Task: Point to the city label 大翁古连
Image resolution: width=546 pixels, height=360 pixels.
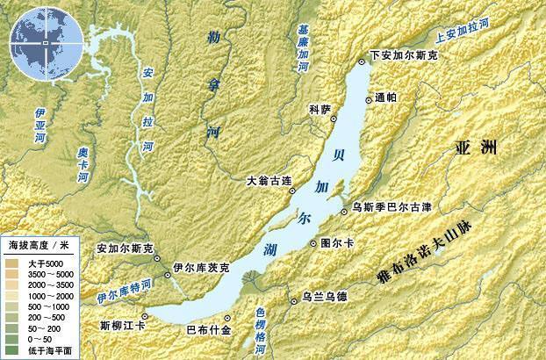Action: tap(268, 182)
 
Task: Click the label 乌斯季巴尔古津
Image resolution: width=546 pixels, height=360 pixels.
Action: tap(392, 207)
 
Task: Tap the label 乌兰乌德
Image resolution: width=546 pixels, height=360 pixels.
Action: tap(324, 297)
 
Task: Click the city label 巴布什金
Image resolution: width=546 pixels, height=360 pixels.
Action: tap(209, 330)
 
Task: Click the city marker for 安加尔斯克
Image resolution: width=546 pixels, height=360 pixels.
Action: tap(158, 259)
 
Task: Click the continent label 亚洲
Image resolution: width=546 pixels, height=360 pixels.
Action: tap(477, 148)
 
